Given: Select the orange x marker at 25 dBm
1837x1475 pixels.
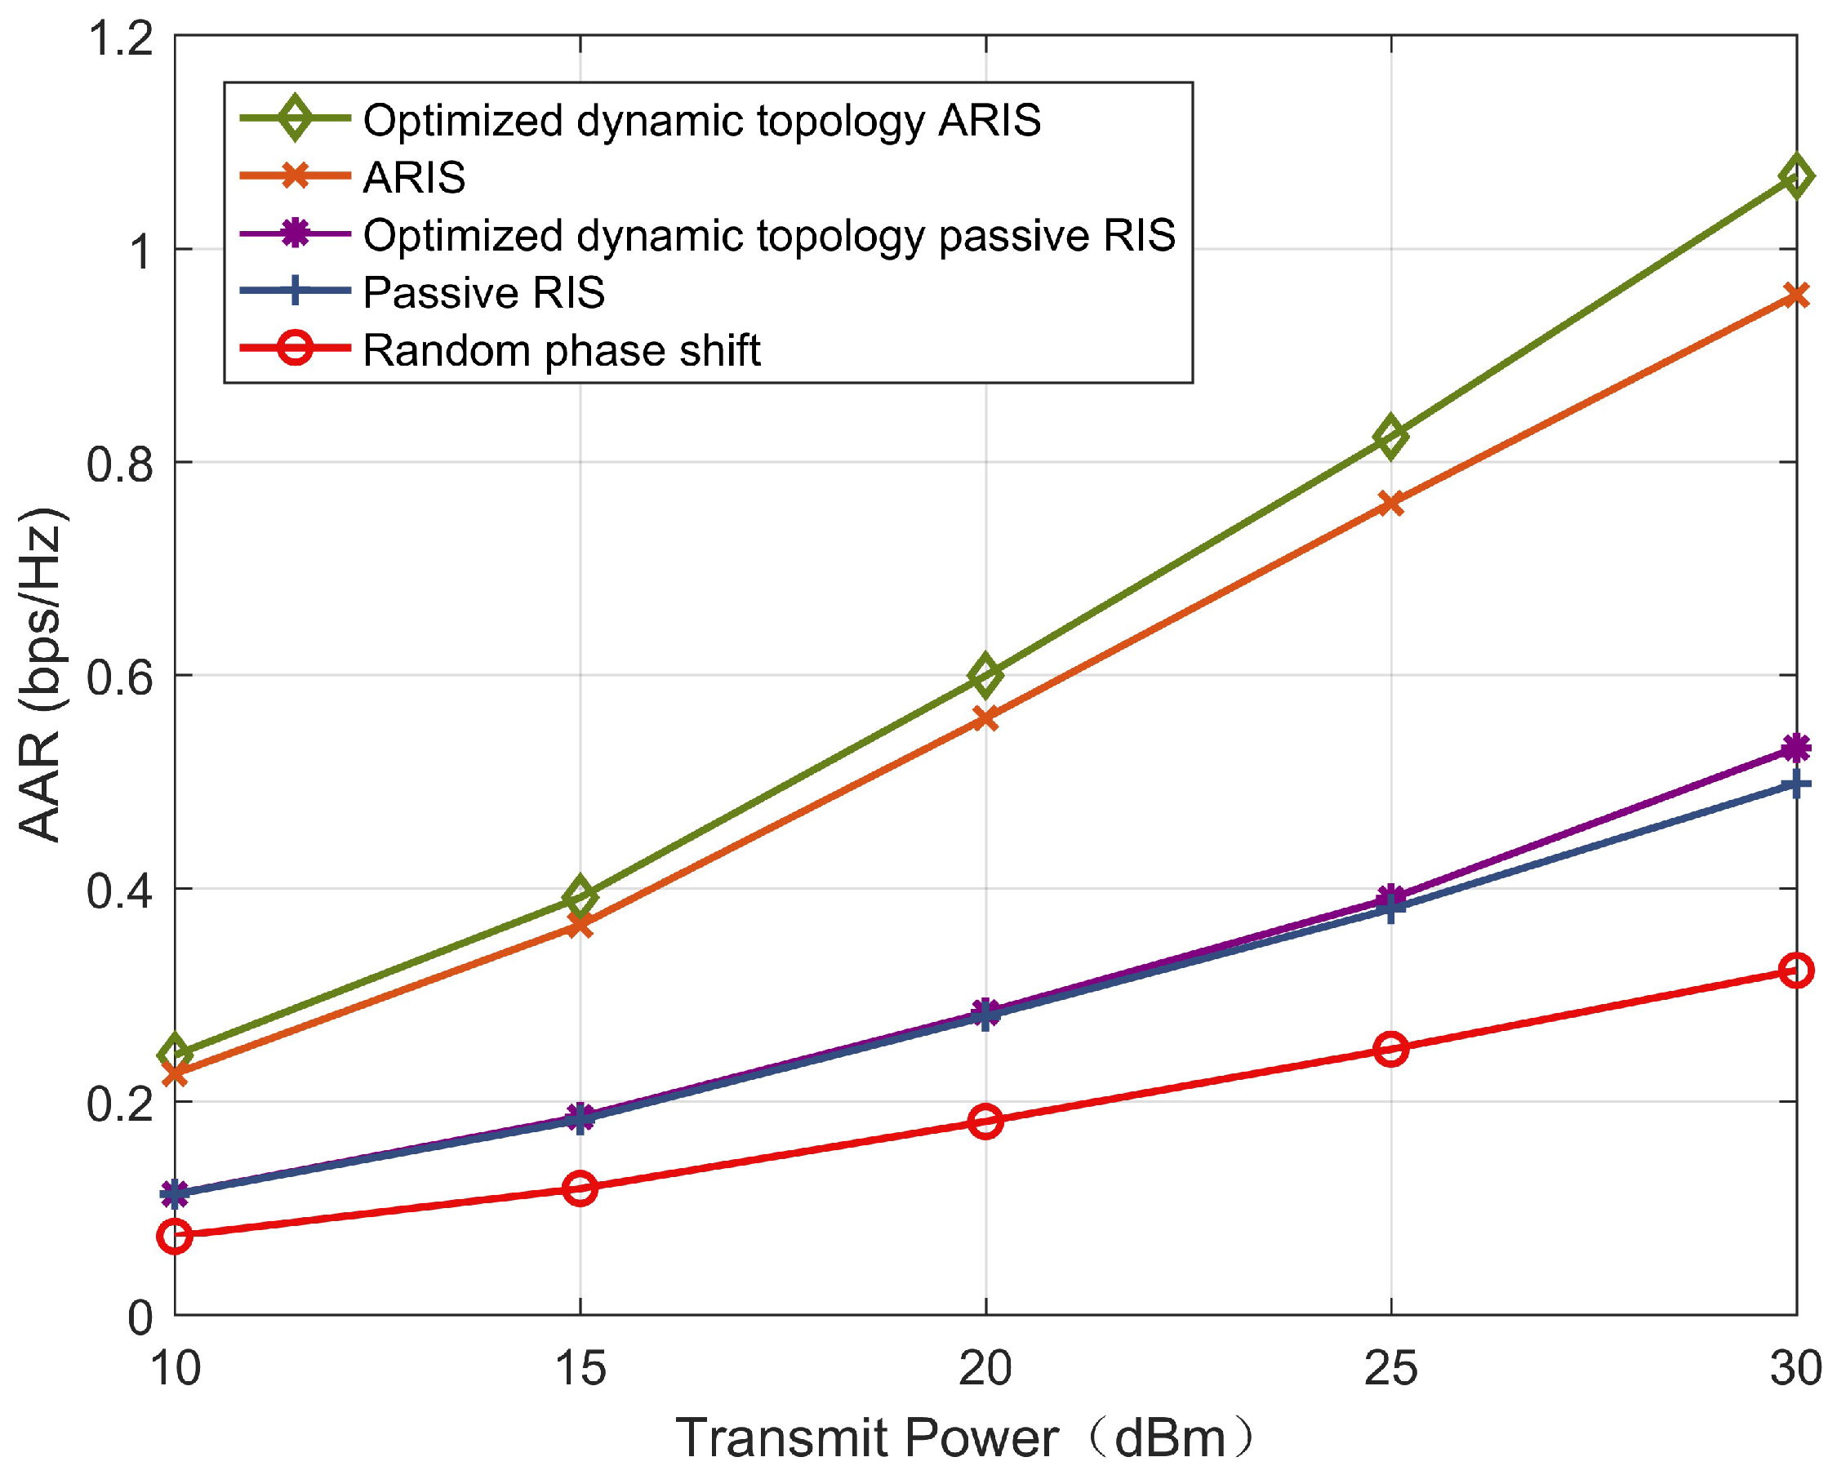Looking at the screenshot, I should [1390, 504].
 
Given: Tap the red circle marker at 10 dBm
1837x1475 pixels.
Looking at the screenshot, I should [175, 1235].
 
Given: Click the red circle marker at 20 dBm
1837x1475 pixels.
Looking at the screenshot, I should [985, 1121].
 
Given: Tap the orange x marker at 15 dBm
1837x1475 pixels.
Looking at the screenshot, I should [580, 924].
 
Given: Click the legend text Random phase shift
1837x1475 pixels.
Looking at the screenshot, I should [561, 351].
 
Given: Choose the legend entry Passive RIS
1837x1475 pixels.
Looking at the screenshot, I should [483, 293].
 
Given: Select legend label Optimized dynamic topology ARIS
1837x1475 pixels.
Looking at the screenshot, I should [701, 120].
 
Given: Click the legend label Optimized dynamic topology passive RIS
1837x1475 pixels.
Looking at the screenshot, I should [768, 235].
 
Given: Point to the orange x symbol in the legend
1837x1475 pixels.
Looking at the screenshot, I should [295, 176].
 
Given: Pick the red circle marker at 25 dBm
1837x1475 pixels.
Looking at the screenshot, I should [1390, 1049].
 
